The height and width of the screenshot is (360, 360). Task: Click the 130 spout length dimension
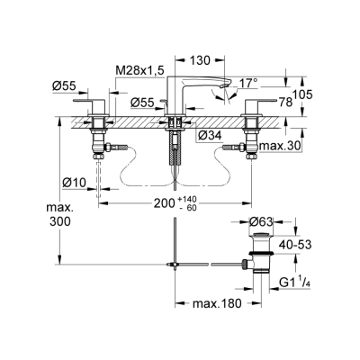click(200, 60)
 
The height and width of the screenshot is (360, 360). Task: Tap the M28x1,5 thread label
click(140, 71)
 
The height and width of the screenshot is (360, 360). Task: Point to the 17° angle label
click(248, 83)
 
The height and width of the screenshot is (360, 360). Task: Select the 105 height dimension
click(302, 94)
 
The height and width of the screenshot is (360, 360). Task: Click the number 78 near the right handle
click(286, 103)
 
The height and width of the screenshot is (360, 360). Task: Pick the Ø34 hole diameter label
click(210, 136)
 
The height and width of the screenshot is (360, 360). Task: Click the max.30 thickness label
click(280, 146)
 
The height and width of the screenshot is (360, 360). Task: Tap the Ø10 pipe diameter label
click(75, 182)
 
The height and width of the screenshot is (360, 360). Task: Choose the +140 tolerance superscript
click(187, 199)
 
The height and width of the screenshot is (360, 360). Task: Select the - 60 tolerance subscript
click(188, 207)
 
